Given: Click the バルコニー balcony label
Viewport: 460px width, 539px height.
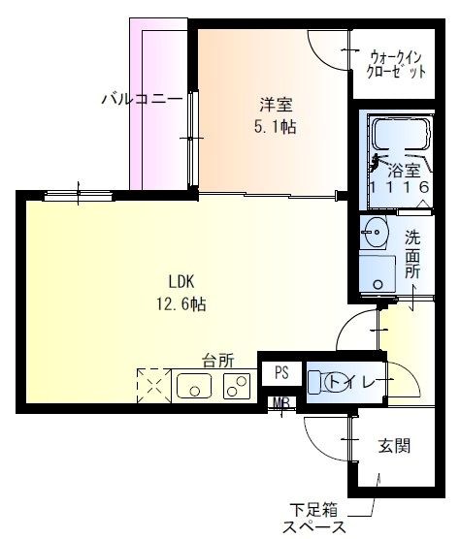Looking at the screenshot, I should (x=142, y=98).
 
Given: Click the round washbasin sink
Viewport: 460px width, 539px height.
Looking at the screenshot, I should (x=375, y=232).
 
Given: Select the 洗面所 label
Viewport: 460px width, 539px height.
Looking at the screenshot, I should (x=412, y=254).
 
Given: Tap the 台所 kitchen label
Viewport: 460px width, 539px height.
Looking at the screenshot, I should (x=218, y=359).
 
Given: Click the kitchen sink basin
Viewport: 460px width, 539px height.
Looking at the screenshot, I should (x=195, y=387).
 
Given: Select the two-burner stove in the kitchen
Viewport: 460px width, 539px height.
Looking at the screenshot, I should (x=236, y=387).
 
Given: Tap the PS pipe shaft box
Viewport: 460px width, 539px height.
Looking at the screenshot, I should (x=280, y=372).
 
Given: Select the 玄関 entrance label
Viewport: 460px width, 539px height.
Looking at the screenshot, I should (x=393, y=446).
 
